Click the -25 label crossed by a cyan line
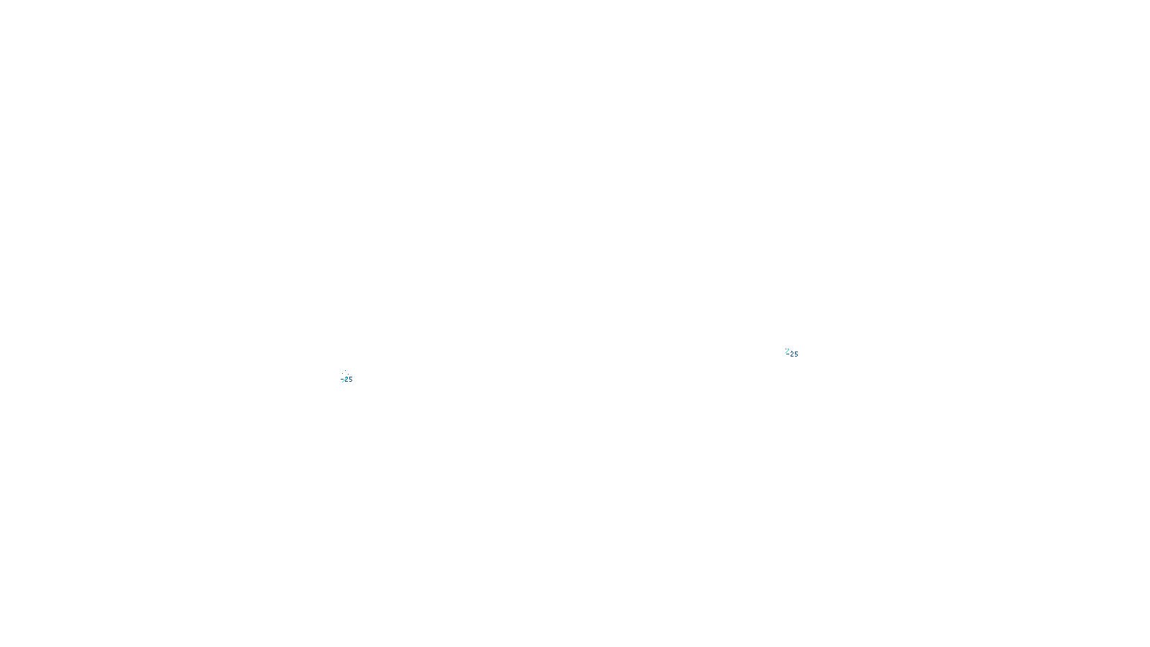coord(348,380)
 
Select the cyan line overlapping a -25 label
coord(344,379)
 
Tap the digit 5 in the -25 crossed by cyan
coord(351,380)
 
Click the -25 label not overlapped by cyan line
coord(793,354)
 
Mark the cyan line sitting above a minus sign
coord(788,351)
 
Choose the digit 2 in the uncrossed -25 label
coord(792,354)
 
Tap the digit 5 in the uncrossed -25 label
coord(796,354)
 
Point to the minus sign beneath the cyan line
coord(788,354)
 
